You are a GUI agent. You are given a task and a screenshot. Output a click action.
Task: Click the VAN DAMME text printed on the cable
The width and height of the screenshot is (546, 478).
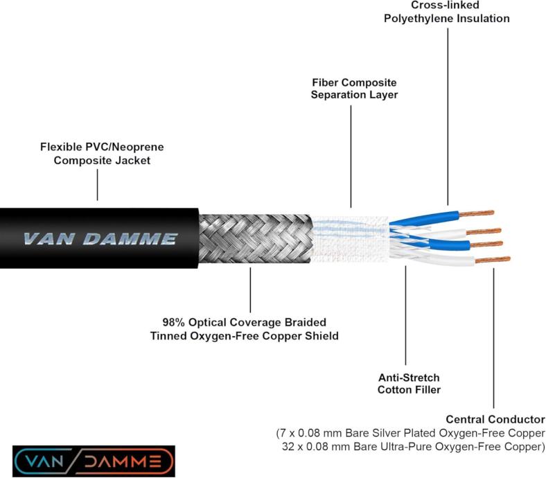click(100, 240)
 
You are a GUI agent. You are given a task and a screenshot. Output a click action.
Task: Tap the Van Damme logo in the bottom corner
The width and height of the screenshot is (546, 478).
click(93, 461)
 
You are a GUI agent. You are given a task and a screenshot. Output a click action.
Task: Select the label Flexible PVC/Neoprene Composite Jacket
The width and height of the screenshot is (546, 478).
click(102, 153)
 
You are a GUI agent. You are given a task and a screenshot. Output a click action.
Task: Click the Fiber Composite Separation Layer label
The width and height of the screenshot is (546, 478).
click(353, 88)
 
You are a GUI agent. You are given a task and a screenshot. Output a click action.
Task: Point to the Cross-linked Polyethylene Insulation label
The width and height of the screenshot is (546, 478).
click(447, 12)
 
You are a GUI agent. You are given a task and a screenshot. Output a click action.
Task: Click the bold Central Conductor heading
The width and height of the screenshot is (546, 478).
click(495, 419)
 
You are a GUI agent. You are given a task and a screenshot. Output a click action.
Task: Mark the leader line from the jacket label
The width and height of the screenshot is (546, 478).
click(97, 184)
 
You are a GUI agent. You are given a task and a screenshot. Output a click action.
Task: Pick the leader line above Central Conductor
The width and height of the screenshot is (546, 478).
click(493, 339)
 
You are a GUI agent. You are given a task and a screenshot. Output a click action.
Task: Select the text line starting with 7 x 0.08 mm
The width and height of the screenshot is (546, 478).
click(411, 433)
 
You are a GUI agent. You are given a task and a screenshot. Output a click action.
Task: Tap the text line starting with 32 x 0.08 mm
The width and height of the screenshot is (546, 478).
click(414, 447)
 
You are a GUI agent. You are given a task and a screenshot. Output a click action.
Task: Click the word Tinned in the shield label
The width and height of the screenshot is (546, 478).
click(170, 337)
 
